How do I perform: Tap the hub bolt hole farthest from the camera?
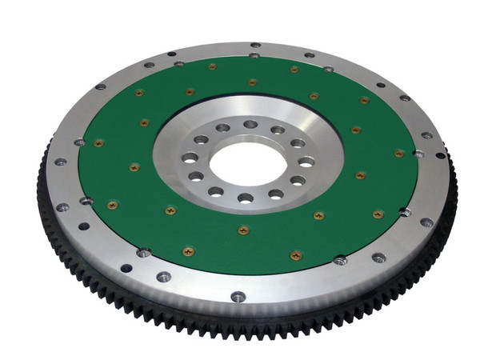click(x=250, y=124)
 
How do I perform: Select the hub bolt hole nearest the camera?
click(x=246, y=198)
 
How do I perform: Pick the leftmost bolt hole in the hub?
click(x=190, y=158)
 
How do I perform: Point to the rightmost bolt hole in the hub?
click(x=306, y=162)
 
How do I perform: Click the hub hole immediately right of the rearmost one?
click(x=278, y=130)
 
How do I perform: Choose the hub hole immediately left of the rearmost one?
click(x=223, y=128)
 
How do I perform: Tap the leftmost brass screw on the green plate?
click(x=99, y=143)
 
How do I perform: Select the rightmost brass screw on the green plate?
click(x=399, y=153)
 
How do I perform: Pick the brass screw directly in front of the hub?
click(x=243, y=230)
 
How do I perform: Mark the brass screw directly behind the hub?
click(x=252, y=82)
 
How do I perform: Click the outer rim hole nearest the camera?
click(x=238, y=297)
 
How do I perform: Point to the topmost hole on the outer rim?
click(x=254, y=46)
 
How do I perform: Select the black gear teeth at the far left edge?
click(x=42, y=184)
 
